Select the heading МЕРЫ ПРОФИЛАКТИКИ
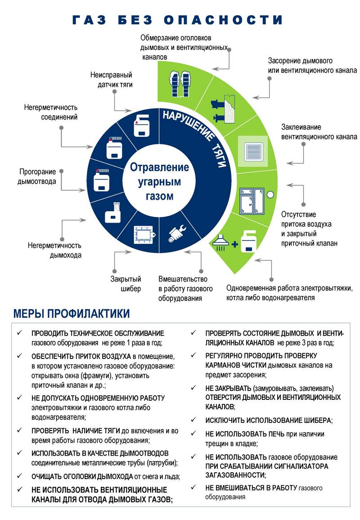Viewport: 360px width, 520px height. [72, 314]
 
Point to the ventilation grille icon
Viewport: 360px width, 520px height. [252, 149]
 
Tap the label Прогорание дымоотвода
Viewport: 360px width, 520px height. [37, 177]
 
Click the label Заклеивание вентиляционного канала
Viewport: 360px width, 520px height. [319, 132]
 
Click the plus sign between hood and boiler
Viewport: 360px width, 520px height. [234, 245]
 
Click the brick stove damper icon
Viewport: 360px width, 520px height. [144, 234]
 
